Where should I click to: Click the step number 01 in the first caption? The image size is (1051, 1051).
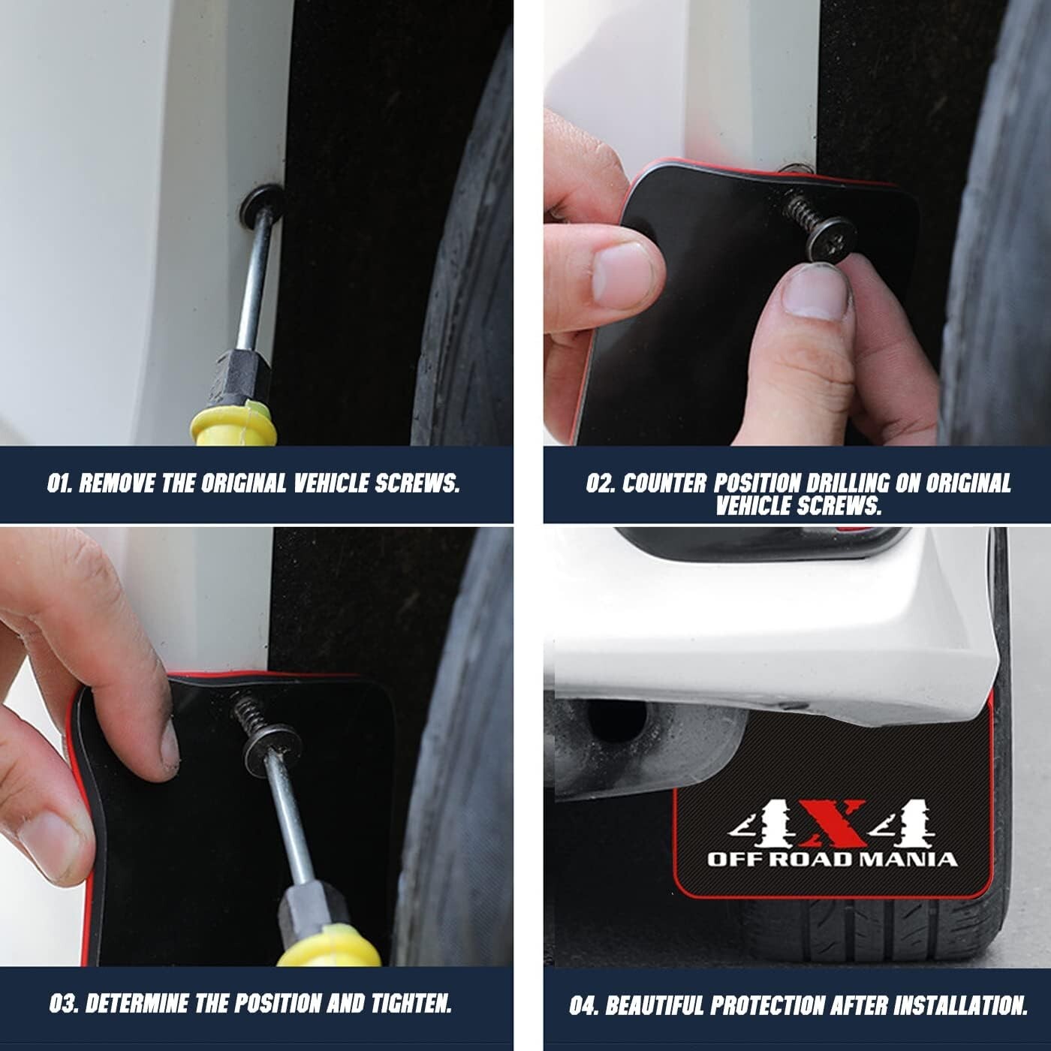59,484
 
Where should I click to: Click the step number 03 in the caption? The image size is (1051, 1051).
62,1004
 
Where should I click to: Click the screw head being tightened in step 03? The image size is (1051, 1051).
273,742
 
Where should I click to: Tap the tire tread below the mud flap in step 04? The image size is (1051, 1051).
863,931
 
